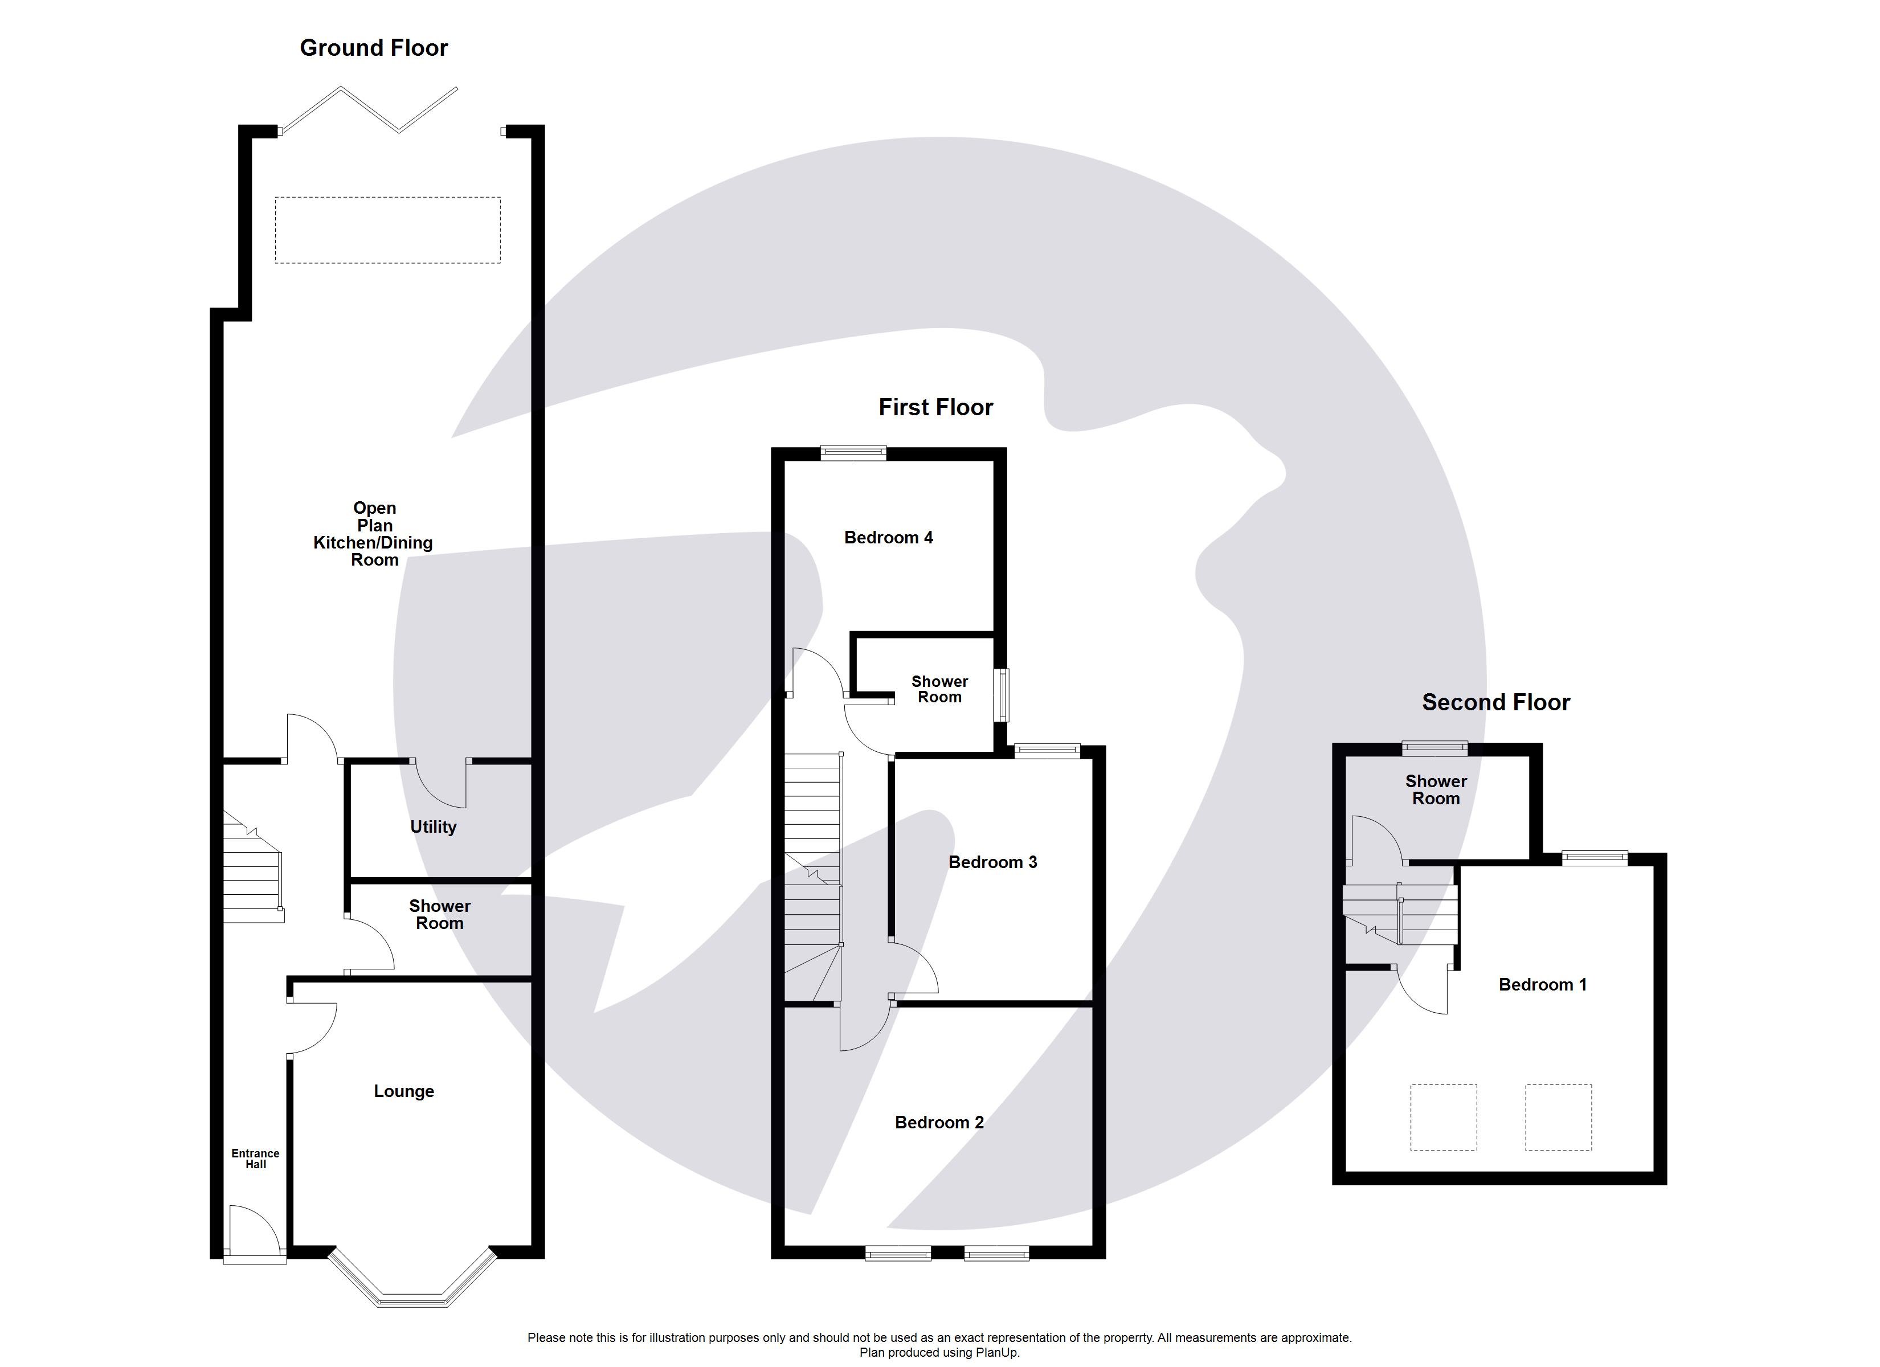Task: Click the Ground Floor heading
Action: coord(373,48)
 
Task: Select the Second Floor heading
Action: coord(1495,702)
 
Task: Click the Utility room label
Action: coord(433,826)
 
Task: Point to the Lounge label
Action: coord(404,1091)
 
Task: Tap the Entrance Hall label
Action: coord(255,1158)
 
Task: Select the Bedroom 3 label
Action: coord(992,862)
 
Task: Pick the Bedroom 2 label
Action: coord(939,1123)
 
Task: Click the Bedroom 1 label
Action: coord(1542,984)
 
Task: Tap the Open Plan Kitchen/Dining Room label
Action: coord(374,534)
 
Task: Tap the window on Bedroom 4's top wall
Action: coord(853,453)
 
